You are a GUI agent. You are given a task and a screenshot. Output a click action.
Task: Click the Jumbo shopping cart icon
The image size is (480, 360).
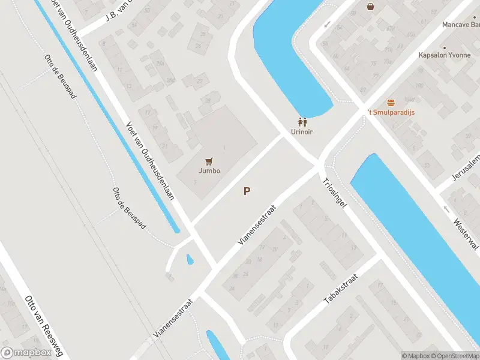click(x=209, y=161)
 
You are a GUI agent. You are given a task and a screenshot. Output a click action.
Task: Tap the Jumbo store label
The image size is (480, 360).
click(x=209, y=170)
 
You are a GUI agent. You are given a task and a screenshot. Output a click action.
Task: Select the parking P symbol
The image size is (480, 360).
click(x=247, y=191)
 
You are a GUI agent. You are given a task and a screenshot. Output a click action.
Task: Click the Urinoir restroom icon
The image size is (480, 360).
click(x=302, y=121)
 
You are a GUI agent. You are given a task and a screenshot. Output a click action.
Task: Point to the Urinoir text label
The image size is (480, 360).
click(x=302, y=131)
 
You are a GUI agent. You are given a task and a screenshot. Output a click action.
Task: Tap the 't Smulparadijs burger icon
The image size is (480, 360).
click(x=391, y=103)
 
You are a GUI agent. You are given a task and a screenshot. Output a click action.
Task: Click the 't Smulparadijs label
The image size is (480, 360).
click(x=391, y=112)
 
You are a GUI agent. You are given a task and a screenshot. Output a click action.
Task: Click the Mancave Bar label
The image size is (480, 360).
click(x=461, y=25)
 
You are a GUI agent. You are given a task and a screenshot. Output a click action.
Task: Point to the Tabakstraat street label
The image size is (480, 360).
click(x=341, y=289)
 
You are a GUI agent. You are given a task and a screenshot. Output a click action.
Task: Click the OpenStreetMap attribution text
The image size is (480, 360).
click(x=454, y=356)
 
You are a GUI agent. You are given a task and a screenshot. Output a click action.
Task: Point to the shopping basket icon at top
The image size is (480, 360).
click(x=371, y=7)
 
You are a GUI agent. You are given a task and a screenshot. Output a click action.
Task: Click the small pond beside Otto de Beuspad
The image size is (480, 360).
click(x=190, y=260)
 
